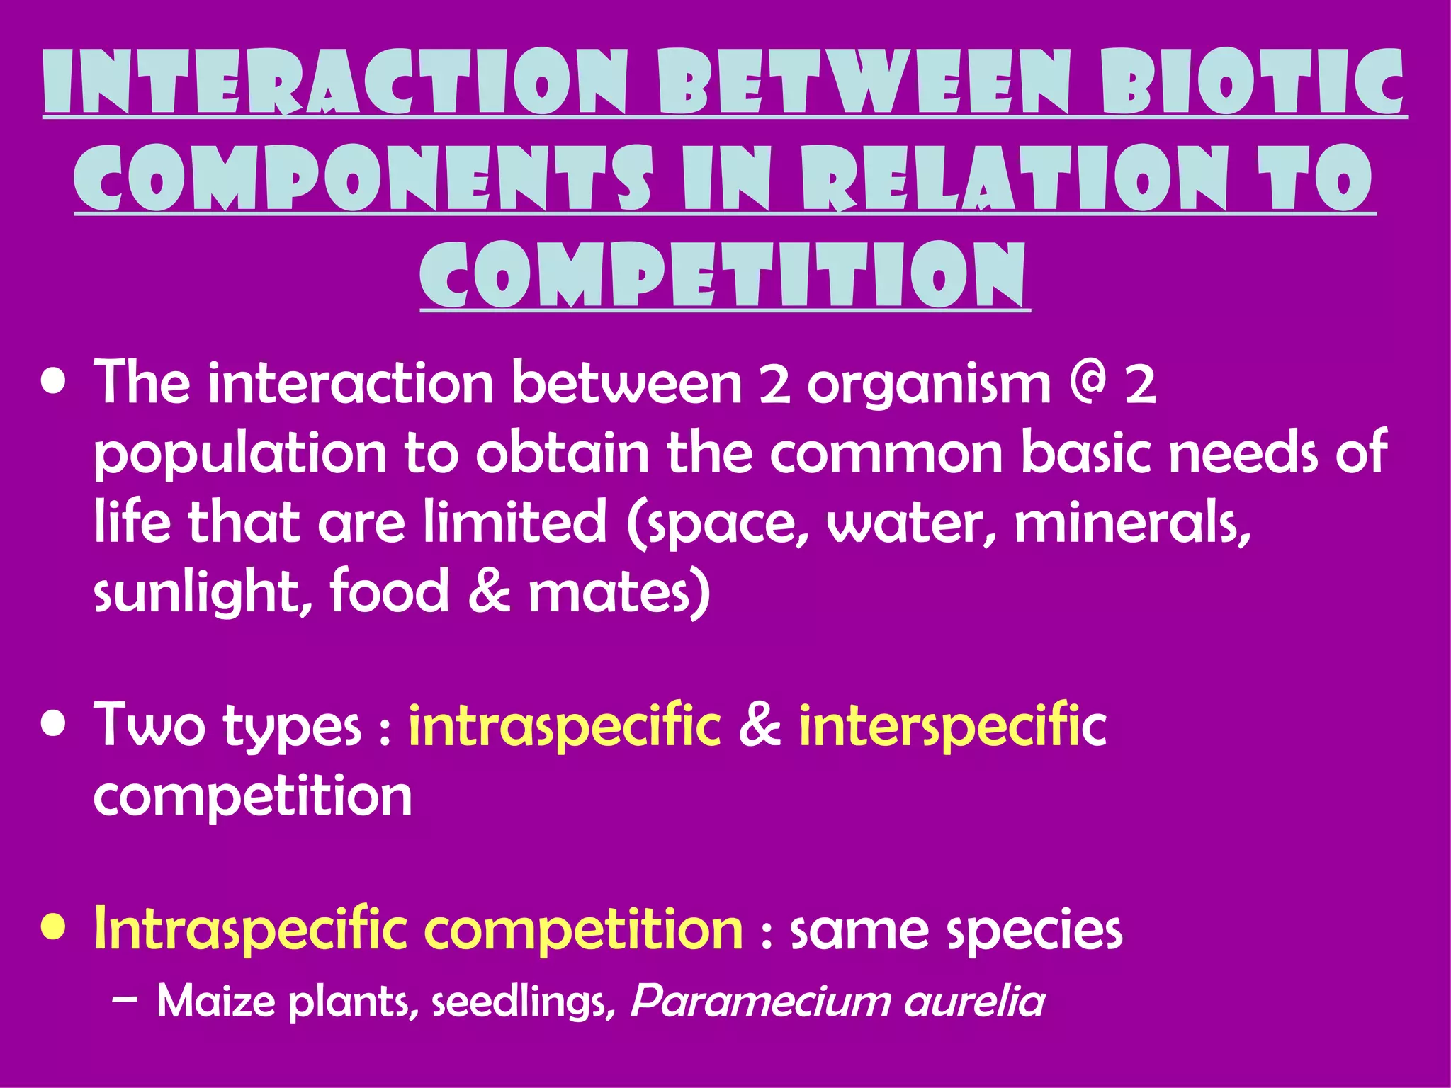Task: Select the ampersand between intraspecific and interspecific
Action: pos(760,725)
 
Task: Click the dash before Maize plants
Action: pos(125,1000)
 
